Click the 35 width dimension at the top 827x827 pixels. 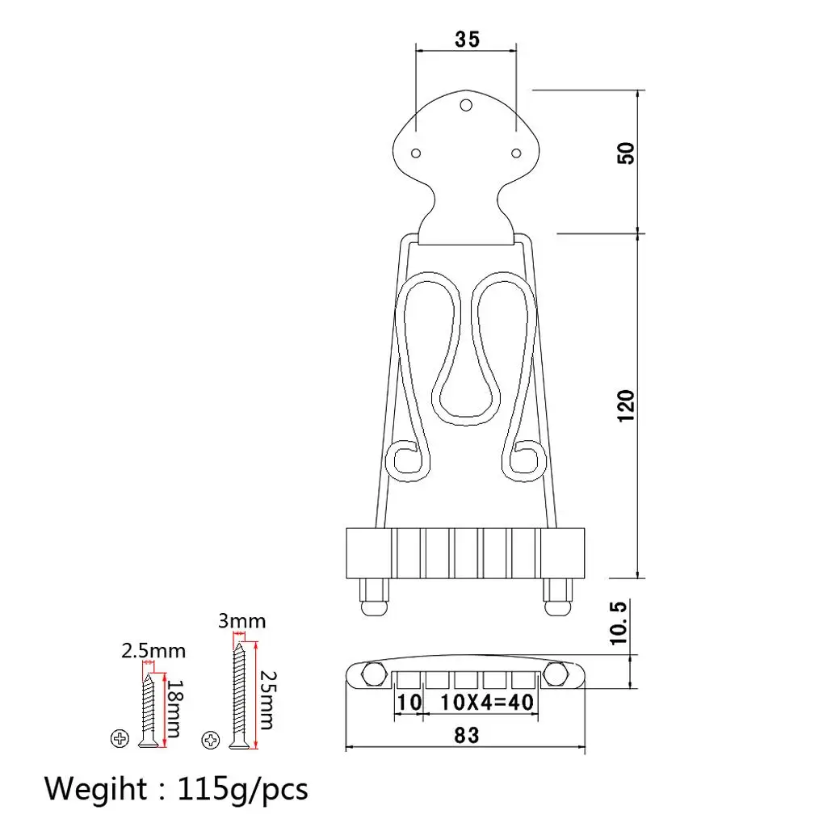466,39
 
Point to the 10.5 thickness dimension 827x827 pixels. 619,623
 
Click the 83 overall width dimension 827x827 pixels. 466,735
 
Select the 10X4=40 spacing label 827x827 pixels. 488,703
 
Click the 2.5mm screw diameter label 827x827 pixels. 153,650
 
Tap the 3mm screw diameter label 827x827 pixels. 241,621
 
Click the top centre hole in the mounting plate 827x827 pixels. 466,105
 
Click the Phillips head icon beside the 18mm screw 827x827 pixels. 120,737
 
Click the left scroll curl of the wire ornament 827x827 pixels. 406,458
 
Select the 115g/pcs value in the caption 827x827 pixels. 241,788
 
